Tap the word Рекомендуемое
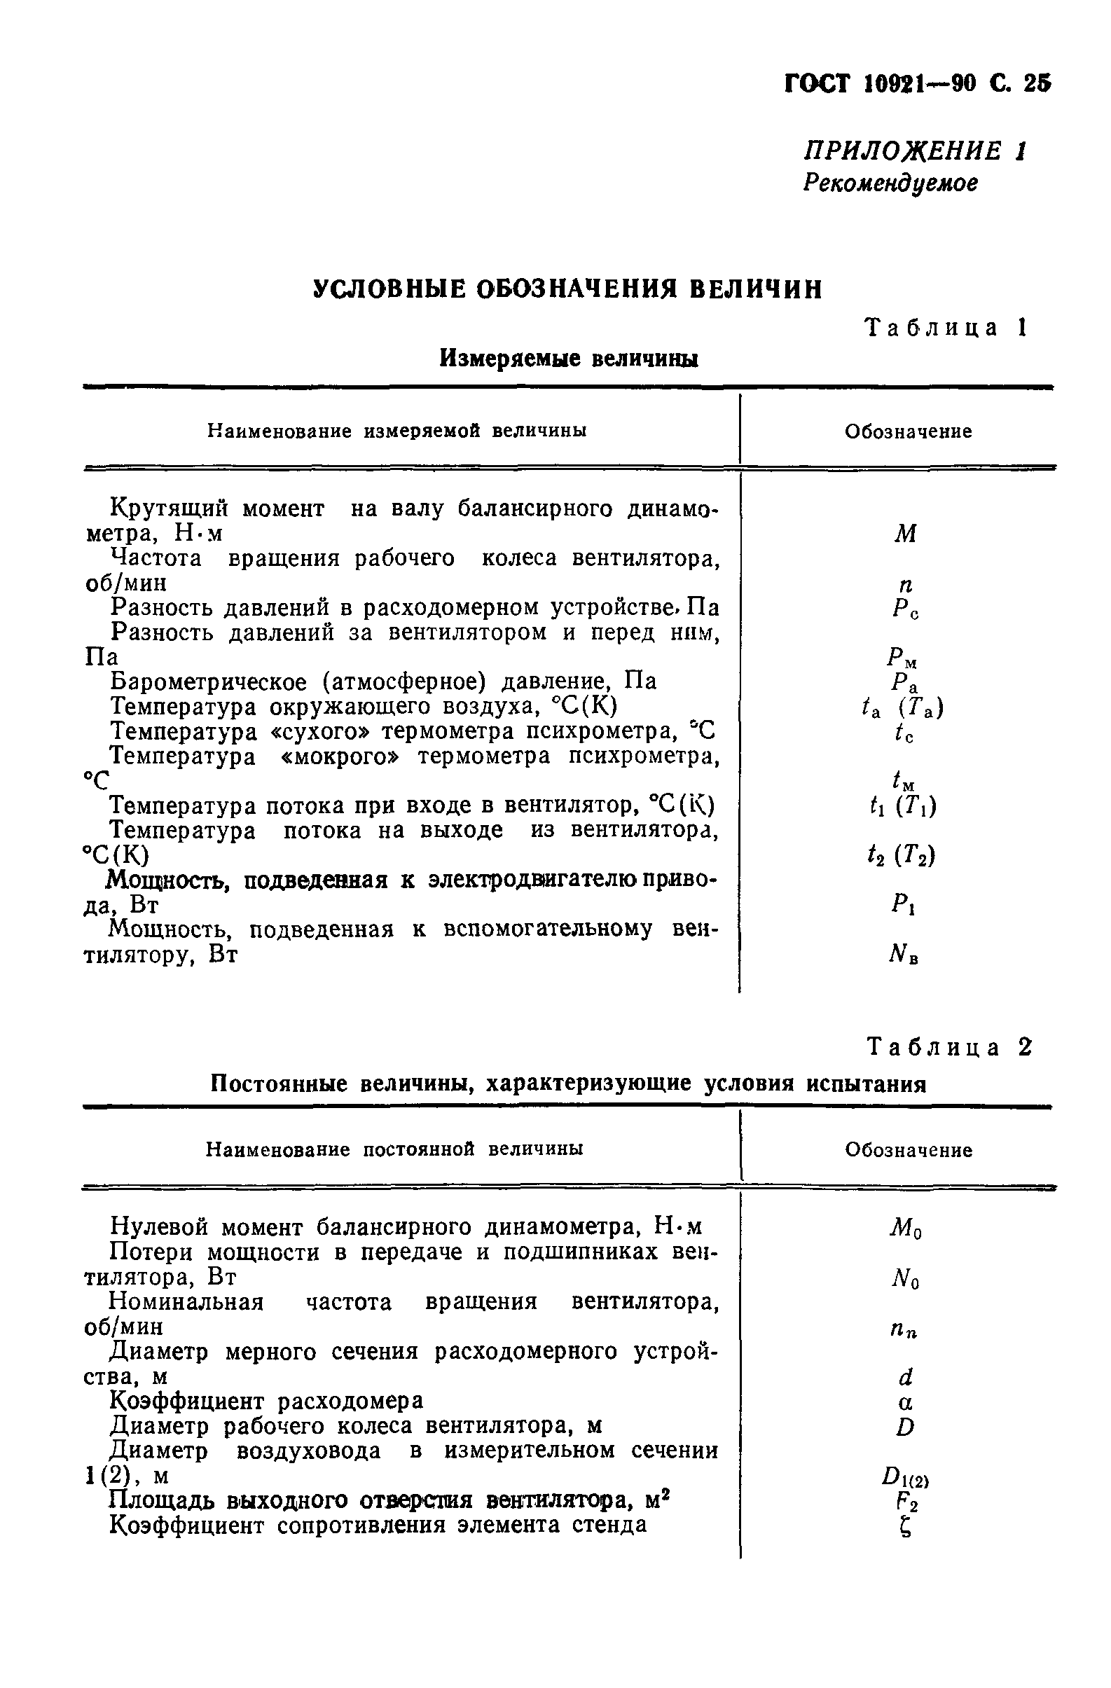pyautogui.click(x=890, y=183)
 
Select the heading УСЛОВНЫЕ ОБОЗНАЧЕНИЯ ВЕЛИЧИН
pyautogui.click(x=567, y=289)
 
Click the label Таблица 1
pyautogui.click(x=946, y=328)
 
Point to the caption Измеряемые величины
pyautogui.click(x=568, y=359)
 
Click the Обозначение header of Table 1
pyautogui.click(x=907, y=432)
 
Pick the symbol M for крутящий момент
pyautogui.click(x=904, y=533)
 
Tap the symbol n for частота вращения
pyautogui.click(x=904, y=585)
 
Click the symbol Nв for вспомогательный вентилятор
pyautogui.click(x=903, y=955)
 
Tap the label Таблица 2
pyautogui.click(x=948, y=1048)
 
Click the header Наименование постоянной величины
pyautogui.click(x=394, y=1149)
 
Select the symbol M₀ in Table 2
pyautogui.click(x=905, y=1229)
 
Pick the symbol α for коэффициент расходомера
pyautogui.click(x=905, y=1403)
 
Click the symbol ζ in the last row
pyautogui.click(x=904, y=1528)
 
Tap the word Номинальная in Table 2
pyautogui.click(x=186, y=1302)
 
